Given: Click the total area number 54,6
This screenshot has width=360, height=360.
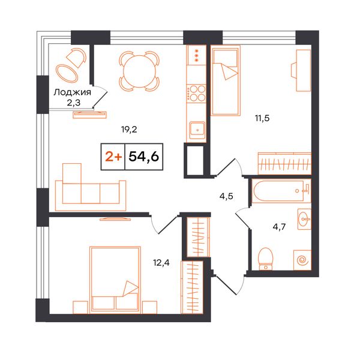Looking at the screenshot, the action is point(144,157).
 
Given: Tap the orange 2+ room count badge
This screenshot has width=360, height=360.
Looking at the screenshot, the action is point(113,157).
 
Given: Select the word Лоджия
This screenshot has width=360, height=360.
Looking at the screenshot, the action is point(73,92).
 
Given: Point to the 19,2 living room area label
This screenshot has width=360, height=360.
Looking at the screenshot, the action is point(129,130).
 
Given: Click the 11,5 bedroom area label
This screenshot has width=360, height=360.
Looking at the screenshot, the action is point(262,118).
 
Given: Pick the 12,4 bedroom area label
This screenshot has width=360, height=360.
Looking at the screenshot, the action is point(161,262).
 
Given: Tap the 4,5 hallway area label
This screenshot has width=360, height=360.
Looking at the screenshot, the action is point(226,196).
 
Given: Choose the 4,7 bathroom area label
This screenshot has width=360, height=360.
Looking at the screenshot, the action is point(279,227).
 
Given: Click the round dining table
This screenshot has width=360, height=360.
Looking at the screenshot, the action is point(139,71).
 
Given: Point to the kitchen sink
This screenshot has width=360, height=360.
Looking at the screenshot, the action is point(197,130).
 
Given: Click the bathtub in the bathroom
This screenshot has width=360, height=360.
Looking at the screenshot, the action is point(281,191).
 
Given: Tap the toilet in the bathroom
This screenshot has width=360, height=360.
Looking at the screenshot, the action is point(266,259).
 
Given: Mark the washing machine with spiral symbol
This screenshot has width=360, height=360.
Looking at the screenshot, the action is point(302,260).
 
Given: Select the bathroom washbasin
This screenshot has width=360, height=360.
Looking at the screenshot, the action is point(304,219).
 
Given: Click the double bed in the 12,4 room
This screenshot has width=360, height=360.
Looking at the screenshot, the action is point(115,280).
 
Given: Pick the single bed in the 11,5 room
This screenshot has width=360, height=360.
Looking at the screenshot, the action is point(226,80).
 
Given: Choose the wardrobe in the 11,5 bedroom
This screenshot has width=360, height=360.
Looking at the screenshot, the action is point(284,163).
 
